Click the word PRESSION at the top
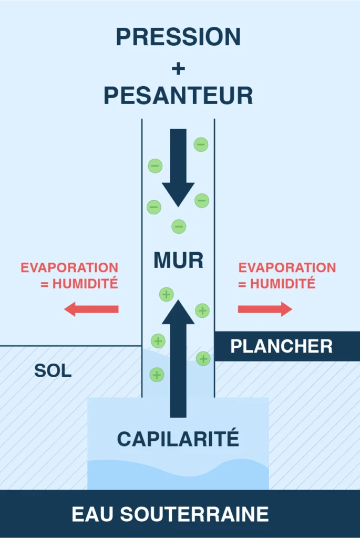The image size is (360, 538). (178, 37)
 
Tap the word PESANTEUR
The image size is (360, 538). (179, 96)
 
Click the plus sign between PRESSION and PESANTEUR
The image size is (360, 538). (178, 68)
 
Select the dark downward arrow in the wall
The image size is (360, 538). (178, 168)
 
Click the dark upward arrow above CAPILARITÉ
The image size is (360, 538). (178, 358)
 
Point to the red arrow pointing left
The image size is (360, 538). (91, 309)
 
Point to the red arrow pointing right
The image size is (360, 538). (265, 309)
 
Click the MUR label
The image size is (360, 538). (179, 260)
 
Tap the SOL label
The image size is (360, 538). (53, 370)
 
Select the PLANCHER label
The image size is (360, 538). (281, 346)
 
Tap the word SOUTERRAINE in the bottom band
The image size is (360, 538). (194, 514)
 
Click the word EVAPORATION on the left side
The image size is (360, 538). (69, 267)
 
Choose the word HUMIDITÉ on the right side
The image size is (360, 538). (282, 284)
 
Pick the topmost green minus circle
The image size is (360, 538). (201, 144)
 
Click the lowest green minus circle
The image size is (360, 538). (179, 226)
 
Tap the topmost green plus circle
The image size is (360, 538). (167, 294)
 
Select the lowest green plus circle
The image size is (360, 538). (157, 375)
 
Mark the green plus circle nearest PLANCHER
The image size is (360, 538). (203, 358)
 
